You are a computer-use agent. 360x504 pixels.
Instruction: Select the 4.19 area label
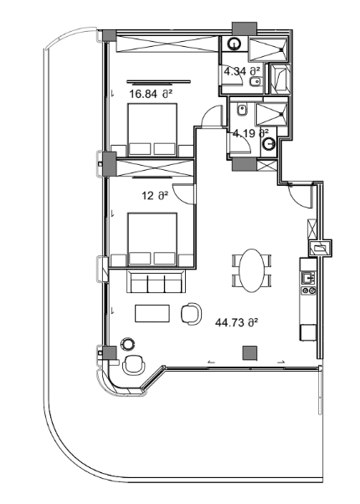pyautogui.click(x=250, y=132)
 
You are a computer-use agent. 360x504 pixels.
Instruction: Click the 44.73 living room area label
pyautogui.click(x=235, y=321)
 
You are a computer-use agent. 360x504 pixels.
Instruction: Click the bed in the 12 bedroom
pyautogui.click(x=152, y=239)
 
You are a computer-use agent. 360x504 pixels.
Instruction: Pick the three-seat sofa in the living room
pyautogui.click(x=157, y=283)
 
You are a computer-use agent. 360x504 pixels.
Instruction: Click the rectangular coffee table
pyautogui.click(x=152, y=312)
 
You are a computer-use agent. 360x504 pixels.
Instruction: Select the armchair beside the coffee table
pyautogui.click(x=192, y=312)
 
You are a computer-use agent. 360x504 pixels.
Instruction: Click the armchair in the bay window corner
pyautogui.click(x=132, y=365)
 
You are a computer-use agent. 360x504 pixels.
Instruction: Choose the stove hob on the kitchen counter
pyautogui.click(x=307, y=291)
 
